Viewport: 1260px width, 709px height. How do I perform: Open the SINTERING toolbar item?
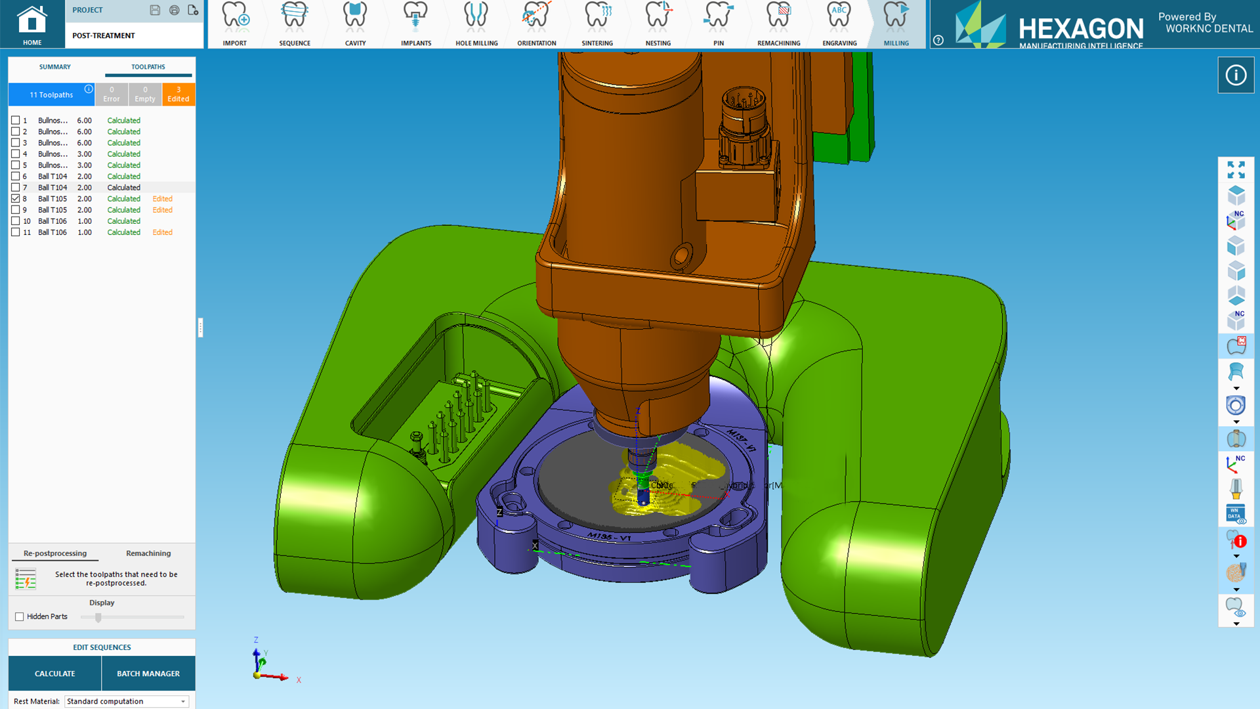tap(597, 24)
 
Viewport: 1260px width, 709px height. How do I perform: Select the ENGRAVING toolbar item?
tap(839, 24)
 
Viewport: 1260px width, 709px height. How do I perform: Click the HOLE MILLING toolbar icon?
tap(476, 24)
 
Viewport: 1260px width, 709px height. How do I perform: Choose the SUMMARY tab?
tap(54, 67)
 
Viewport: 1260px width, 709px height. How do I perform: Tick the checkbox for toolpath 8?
tap(16, 198)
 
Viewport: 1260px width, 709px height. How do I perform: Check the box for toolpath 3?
tap(16, 142)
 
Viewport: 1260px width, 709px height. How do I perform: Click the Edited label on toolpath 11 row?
tap(162, 232)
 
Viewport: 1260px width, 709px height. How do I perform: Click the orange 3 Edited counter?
tap(178, 95)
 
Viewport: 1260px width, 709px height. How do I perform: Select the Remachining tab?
tap(148, 553)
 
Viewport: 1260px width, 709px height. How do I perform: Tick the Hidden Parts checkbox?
tap(20, 616)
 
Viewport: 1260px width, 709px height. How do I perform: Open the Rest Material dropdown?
tap(127, 701)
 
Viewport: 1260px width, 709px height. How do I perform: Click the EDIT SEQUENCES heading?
tap(102, 647)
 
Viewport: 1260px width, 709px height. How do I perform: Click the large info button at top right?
tap(1236, 75)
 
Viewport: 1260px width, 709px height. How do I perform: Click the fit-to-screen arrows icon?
tap(1236, 170)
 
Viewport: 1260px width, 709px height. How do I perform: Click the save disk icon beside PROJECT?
tap(155, 10)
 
